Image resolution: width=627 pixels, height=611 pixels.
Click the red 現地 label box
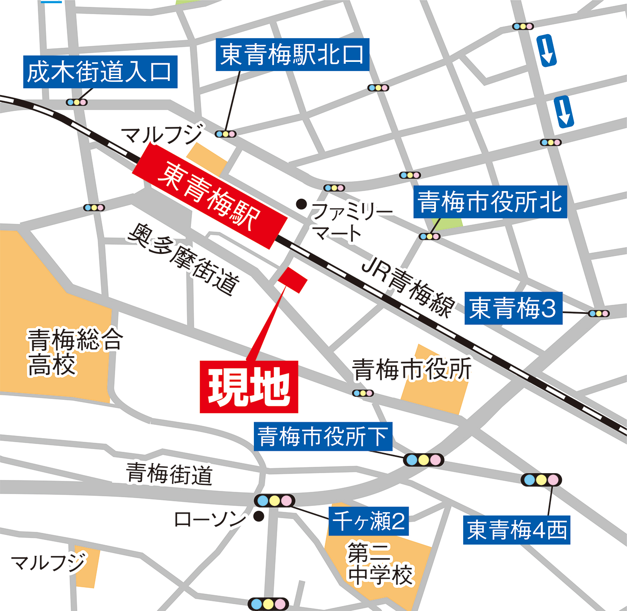249,387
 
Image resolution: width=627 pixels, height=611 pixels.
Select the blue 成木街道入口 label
100,72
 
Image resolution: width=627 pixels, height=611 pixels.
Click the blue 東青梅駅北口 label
292,55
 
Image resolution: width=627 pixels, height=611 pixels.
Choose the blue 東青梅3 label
513,308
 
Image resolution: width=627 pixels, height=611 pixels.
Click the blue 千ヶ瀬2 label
368,521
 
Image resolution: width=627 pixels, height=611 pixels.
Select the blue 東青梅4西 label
516,530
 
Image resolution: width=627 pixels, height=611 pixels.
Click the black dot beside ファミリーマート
301,204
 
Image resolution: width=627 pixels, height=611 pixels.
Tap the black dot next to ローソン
259,516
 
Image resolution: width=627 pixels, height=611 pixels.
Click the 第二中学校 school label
380,563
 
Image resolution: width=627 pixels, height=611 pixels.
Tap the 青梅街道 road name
169,474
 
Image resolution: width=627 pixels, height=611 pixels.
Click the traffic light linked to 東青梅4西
541,480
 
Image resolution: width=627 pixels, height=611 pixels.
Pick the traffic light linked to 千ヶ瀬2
274,501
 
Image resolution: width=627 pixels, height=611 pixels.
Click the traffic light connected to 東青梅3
598,313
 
